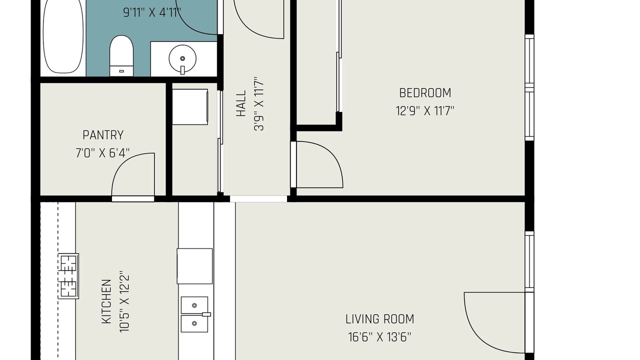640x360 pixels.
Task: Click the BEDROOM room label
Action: [x=425, y=93]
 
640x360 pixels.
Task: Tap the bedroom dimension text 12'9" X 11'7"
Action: [x=425, y=111]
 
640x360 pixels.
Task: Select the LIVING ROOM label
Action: [x=379, y=319]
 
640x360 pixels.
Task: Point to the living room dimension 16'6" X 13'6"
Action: [x=379, y=337]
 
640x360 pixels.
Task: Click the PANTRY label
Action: [x=103, y=135]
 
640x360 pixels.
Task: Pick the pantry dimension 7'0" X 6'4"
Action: [x=102, y=153]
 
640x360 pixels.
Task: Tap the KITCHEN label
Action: [x=106, y=301]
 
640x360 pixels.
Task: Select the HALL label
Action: [x=241, y=103]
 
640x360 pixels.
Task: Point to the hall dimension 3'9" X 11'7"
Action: [x=259, y=103]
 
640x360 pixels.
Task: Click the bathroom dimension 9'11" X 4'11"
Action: [x=152, y=12]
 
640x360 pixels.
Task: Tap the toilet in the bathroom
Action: [x=121, y=55]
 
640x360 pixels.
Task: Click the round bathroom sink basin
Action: [x=182, y=58]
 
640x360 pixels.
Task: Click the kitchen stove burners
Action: [x=68, y=276]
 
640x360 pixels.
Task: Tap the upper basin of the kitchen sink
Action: [x=194, y=305]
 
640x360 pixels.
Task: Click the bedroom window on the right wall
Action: [x=529, y=87]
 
